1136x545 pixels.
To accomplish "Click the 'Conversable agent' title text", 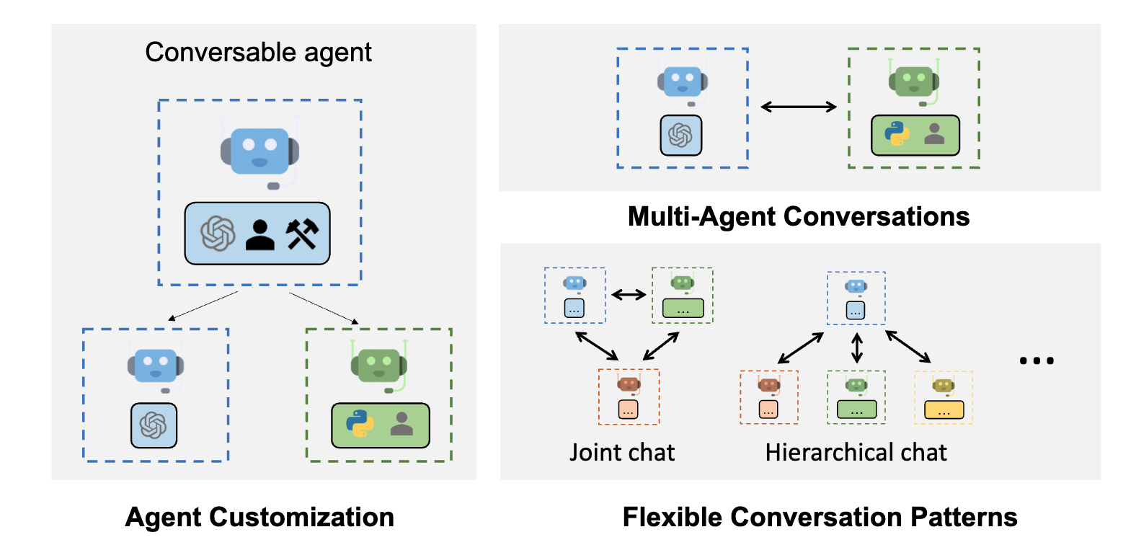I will (x=258, y=53).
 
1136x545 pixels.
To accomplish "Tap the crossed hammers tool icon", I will (x=302, y=234).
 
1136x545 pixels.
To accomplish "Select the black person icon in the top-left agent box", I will (x=259, y=234).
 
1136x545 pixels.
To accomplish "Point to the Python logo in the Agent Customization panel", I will (x=360, y=424).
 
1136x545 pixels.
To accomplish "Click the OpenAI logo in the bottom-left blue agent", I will (x=154, y=425).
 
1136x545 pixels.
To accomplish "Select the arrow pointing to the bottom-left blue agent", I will (x=203, y=306).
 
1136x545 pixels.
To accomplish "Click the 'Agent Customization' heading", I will (x=259, y=517).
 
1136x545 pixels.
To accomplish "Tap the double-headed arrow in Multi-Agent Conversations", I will (x=798, y=107).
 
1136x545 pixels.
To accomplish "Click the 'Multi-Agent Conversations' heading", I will (x=798, y=216).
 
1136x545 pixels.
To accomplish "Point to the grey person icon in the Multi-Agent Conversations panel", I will (x=934, y=133).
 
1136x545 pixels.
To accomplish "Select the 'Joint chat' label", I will (x=622, y=452).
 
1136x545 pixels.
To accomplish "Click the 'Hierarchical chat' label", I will (x=856, y=452).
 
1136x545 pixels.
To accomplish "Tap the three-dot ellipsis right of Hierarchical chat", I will (x=1037, y=360).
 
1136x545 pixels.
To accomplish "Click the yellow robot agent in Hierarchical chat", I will (x=943, y=396).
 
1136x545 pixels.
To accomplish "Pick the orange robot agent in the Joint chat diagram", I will (x=629, y=396).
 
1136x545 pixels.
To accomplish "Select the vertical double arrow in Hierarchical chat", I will (x=856, y=348).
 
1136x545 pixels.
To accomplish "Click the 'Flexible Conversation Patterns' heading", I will (x=820, y=517).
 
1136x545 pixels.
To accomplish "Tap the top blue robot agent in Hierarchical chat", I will (x=856, y=297).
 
